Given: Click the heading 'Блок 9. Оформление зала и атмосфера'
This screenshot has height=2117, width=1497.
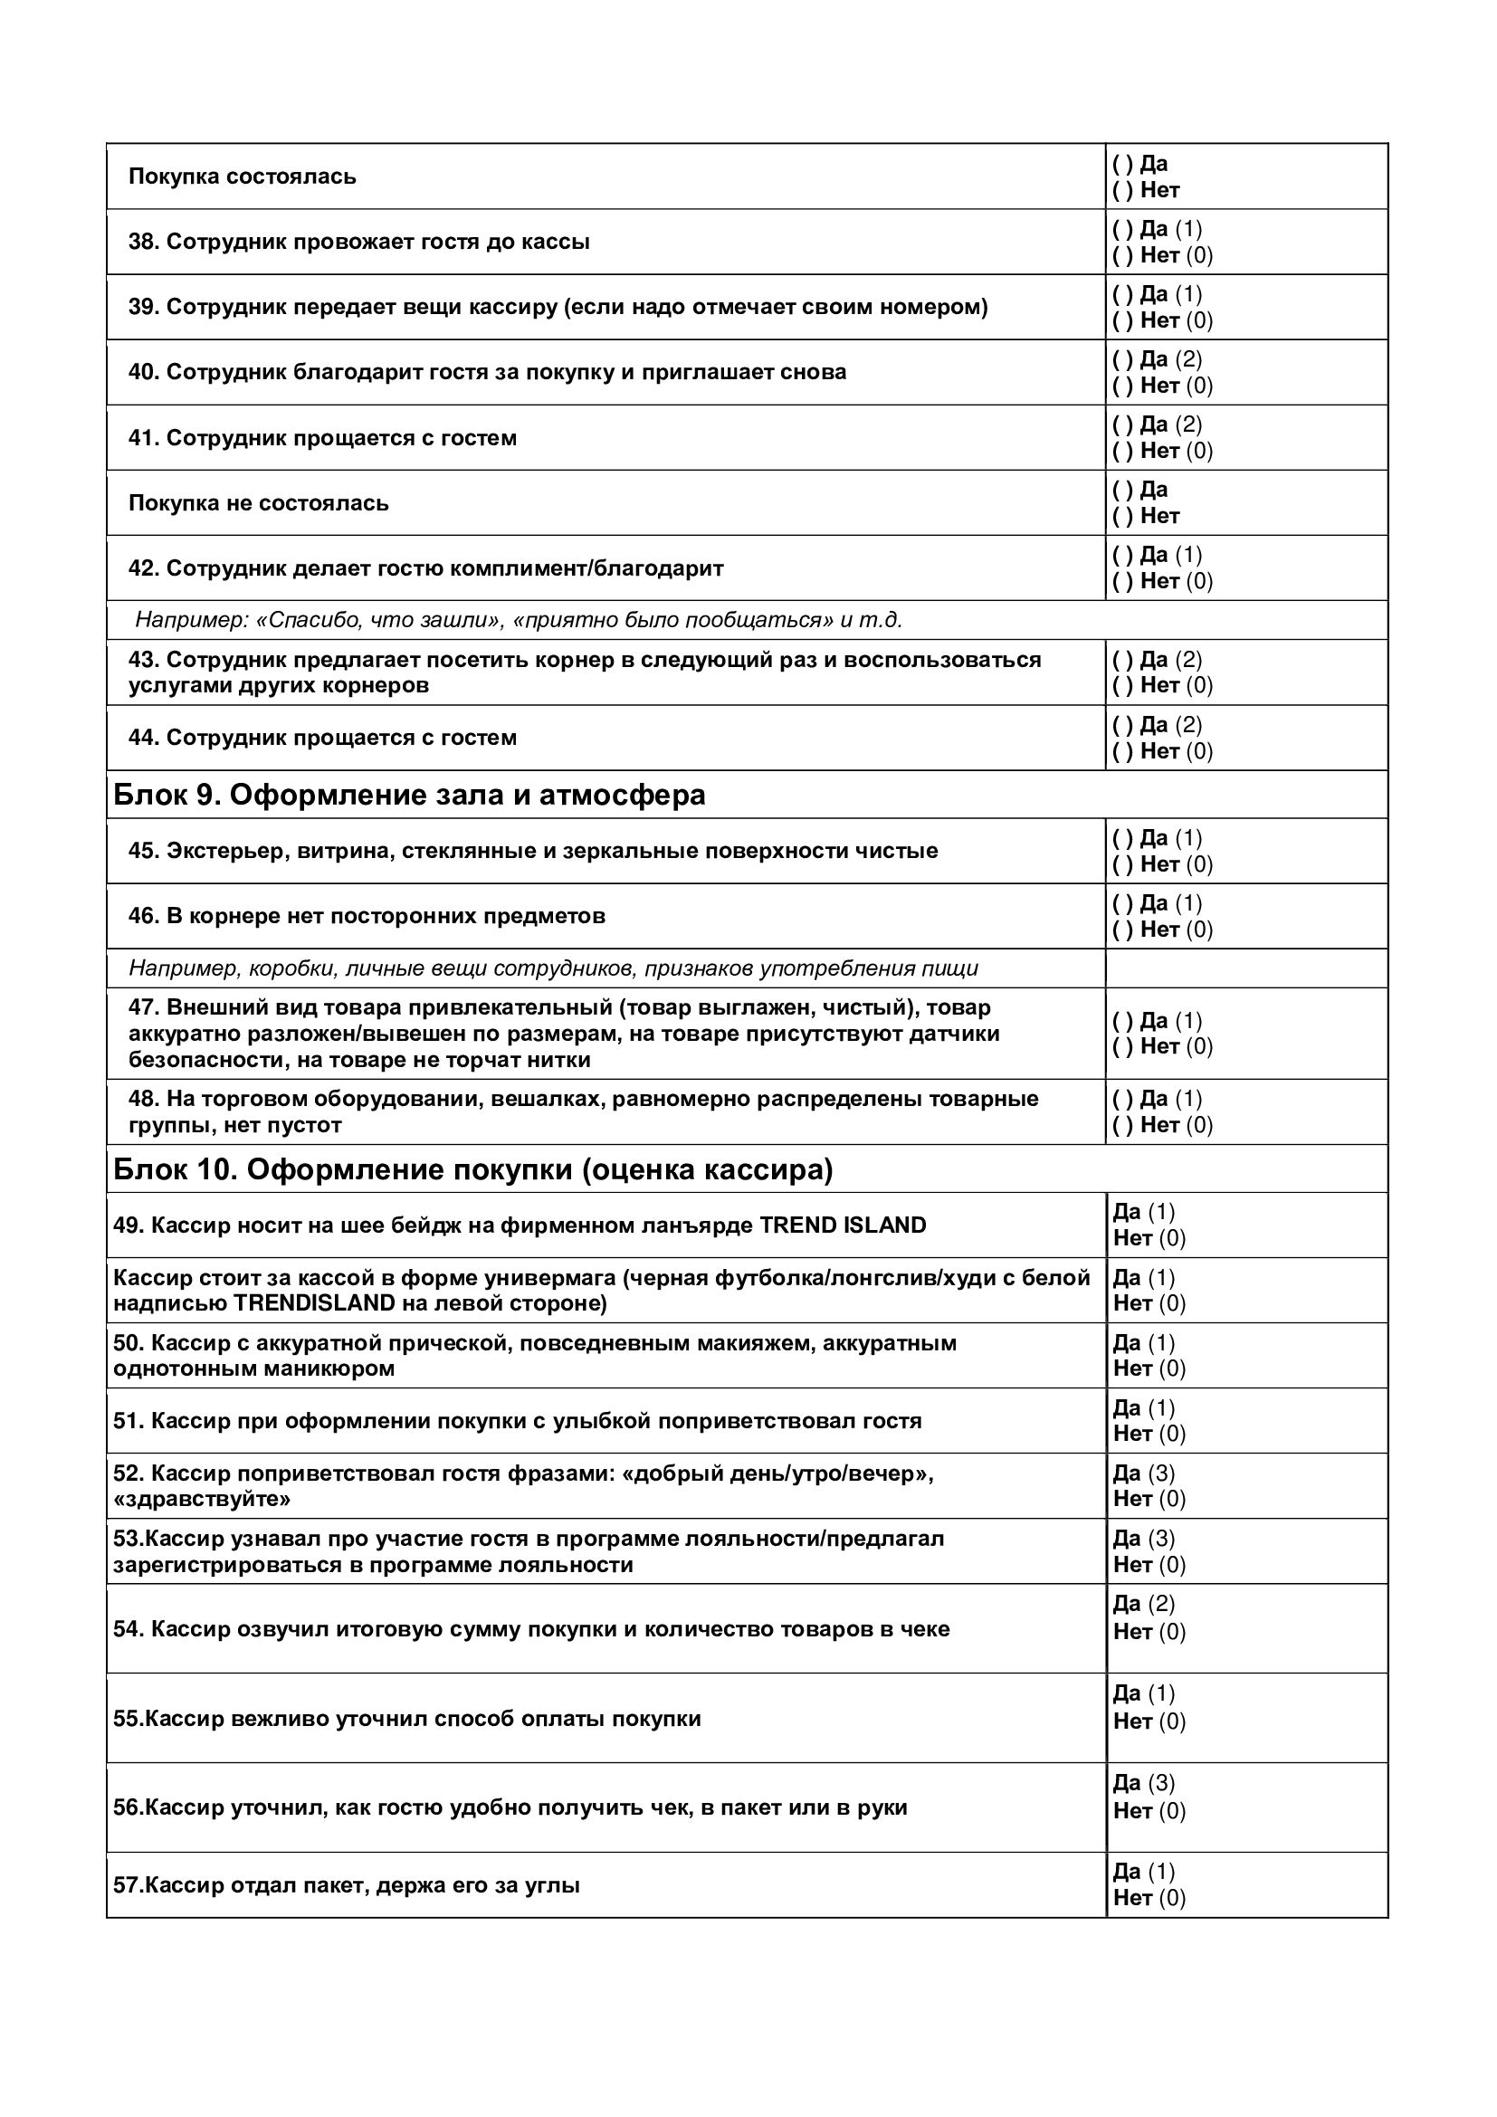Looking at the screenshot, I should point(408,795).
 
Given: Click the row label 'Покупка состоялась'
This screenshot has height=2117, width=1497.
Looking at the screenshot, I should point(242,176).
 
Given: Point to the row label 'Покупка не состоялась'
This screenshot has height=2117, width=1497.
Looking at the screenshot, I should point(258,502).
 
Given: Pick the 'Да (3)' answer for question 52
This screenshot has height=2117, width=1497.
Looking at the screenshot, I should point(1143,1473).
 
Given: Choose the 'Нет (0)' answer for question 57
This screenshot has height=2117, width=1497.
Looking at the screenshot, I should point(1149,1898).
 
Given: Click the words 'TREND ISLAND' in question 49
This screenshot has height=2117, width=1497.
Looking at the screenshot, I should point(842,1225).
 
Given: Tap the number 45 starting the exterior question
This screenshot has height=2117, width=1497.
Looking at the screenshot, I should point(143,850).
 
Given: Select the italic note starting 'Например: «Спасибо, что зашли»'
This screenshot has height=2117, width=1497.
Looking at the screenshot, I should point(518,620).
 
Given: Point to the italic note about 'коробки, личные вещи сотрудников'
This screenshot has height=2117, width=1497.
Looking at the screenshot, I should point(553,968).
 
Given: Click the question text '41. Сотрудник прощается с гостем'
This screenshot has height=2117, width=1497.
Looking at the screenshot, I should point(321,437).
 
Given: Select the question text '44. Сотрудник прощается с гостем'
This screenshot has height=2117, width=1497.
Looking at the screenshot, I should point(321,738).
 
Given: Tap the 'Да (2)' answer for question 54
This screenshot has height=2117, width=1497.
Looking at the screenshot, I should point(1143,1604).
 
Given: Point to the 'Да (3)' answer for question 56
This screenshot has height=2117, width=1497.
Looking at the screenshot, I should point(1143,1782).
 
